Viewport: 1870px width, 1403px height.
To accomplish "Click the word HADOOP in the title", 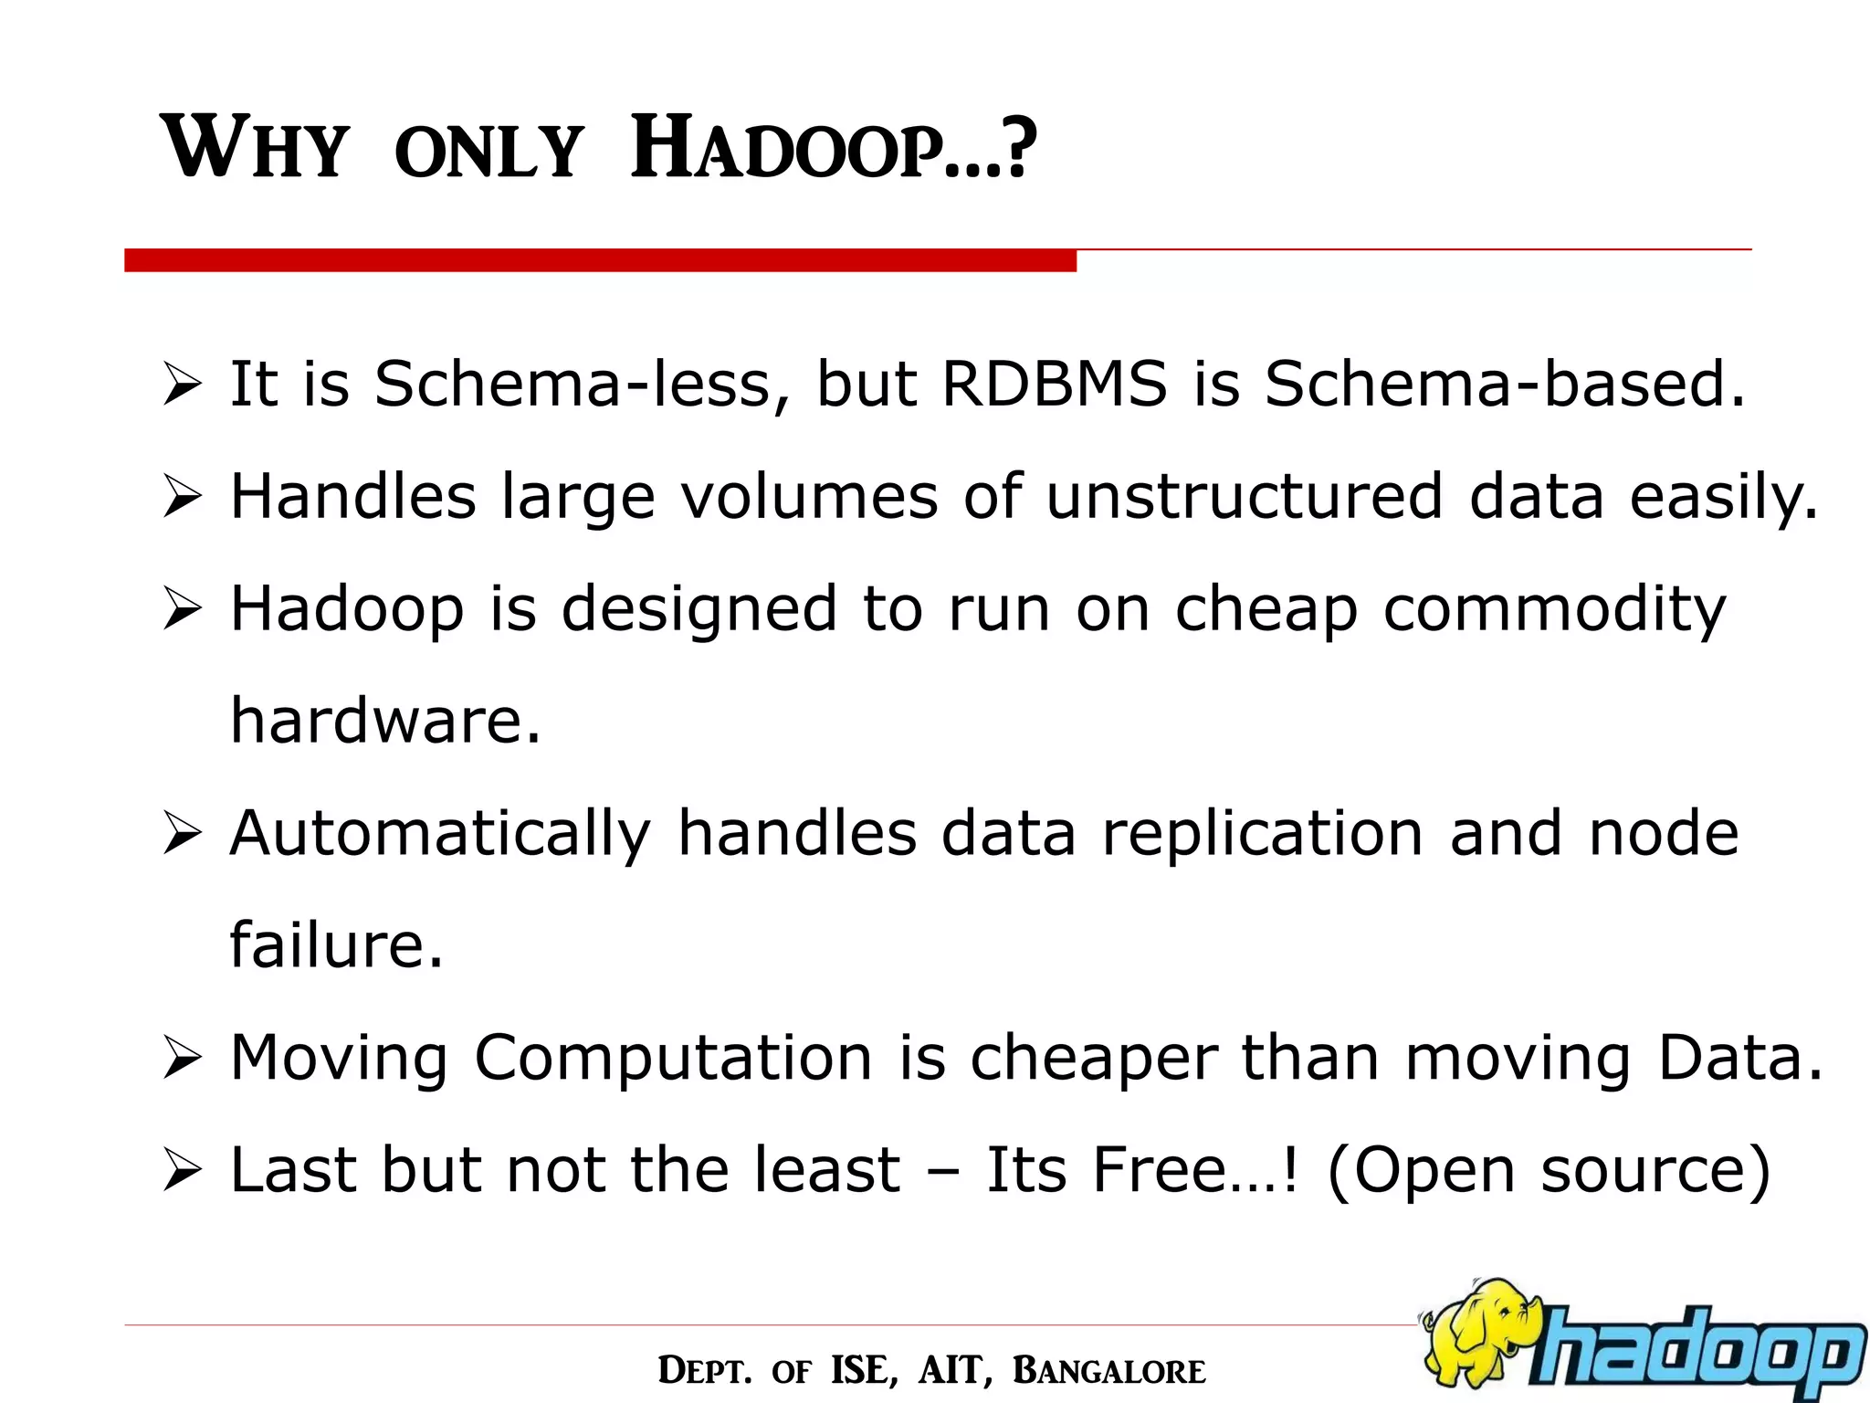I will [833, 148].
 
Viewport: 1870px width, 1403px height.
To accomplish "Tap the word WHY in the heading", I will [255, 148].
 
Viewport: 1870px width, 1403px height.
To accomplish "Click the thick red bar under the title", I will [600, 260].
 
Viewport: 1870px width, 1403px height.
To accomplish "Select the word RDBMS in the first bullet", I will [1054, 384].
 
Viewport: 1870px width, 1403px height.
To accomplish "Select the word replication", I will [1263, 833].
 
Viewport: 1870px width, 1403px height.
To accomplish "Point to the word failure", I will [336, 944].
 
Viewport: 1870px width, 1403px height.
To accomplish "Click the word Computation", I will [673, 1058].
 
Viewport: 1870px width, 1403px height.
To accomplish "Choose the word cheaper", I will [1093, 1058].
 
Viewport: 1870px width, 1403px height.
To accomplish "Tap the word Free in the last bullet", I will [1160, 1169].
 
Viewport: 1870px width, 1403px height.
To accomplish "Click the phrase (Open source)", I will [1549, 1171].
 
